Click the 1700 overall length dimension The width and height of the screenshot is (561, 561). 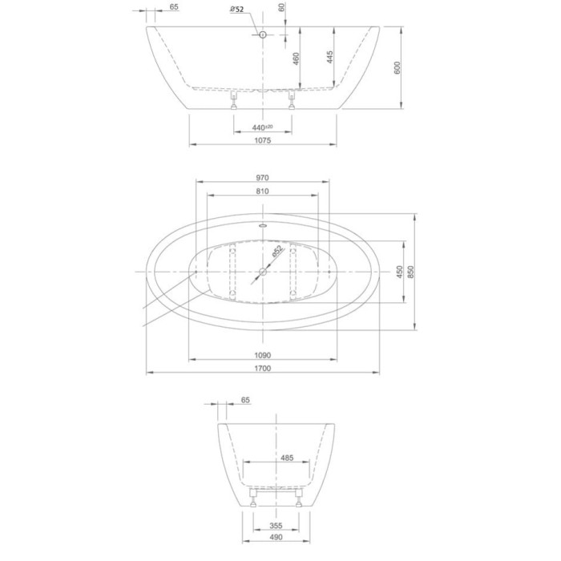point(263,369)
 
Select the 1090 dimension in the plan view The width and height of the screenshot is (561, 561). point(263,355)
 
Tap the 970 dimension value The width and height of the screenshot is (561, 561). point(263,178)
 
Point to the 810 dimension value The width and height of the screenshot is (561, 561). point(263,192)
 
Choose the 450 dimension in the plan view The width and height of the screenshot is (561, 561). point(398,272)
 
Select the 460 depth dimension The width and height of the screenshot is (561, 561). point(296,59)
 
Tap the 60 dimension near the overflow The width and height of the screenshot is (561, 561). point(281,8)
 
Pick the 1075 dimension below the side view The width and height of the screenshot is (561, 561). point(263,140)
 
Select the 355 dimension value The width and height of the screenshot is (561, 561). point(276,526)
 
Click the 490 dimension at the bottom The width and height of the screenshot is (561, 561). point(276,539)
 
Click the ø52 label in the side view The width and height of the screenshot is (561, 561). point(237,9)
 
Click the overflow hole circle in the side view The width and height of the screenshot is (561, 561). point(261,34)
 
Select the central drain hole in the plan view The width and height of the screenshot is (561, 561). point(262,272)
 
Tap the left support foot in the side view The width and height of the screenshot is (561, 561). point(234,99)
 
